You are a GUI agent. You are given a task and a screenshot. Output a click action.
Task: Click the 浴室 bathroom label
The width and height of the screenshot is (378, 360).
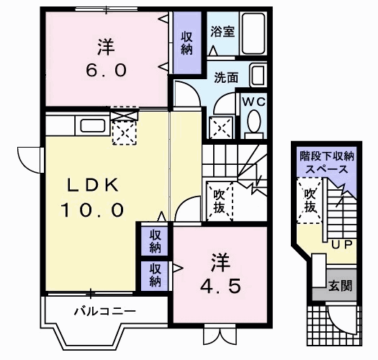pos(221,32)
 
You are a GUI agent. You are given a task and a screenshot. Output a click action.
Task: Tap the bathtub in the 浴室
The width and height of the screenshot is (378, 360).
pos(252,32)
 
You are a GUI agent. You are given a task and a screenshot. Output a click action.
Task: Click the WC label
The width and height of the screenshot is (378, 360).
pos(254,102)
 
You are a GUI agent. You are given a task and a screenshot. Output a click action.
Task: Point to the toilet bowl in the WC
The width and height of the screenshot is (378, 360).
pos(254,125)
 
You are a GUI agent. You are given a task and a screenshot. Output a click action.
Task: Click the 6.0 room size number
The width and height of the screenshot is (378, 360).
pos(108,71)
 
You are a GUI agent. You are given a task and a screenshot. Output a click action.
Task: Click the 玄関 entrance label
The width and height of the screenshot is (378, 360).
pos(341,286)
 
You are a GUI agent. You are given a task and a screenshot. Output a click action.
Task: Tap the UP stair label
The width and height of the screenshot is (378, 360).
pos(341,245)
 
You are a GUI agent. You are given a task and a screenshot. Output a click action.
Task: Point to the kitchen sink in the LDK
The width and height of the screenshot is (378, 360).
pos(93,125)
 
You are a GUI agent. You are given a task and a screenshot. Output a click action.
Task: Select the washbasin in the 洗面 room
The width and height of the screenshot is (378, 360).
pos(258,74)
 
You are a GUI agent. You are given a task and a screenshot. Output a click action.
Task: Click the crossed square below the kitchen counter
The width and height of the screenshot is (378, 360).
pos(125,132)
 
